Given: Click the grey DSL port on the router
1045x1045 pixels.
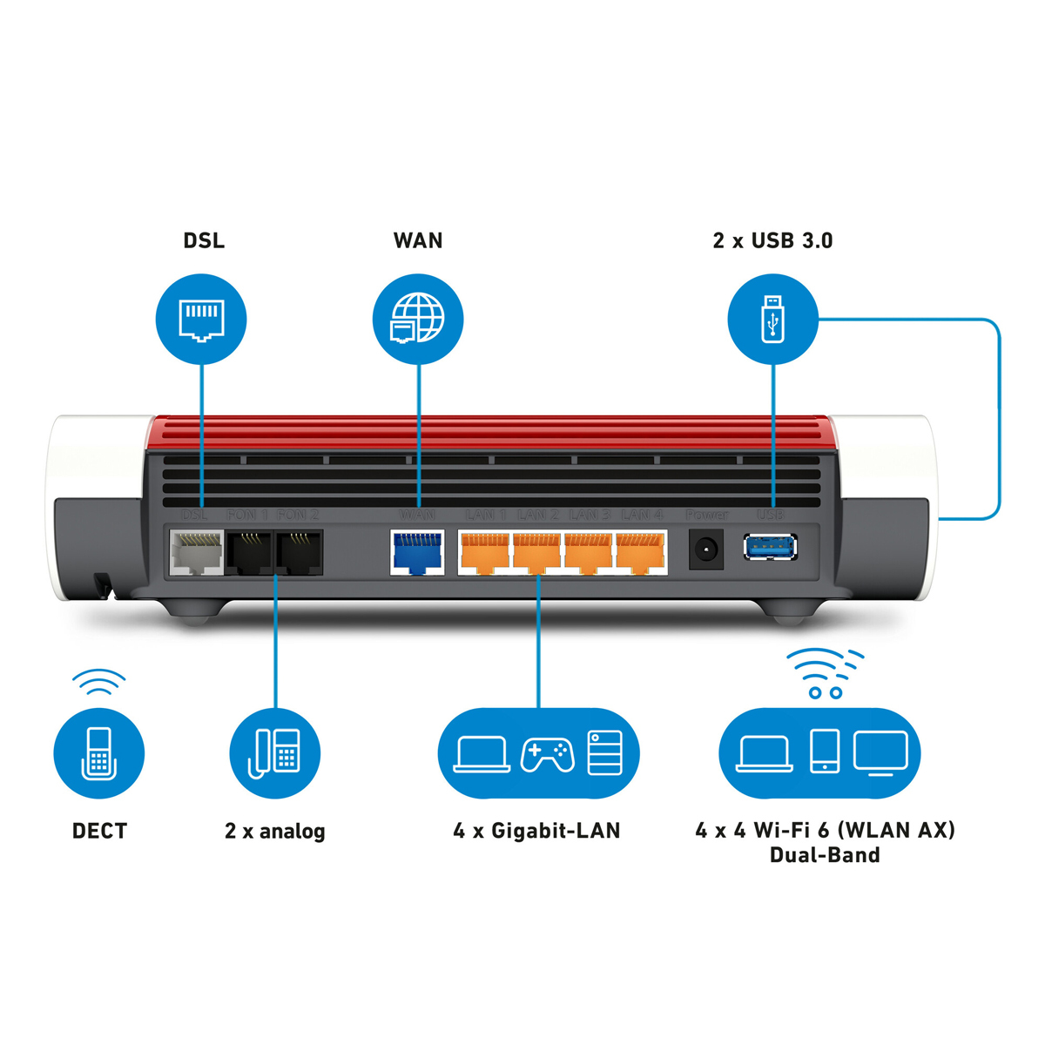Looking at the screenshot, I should pos(196,553).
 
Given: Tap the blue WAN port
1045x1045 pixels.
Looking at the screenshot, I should pos(417,553).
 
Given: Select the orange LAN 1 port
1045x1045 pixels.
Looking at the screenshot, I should pos(484,553).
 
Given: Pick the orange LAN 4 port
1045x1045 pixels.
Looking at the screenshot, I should pos(640,553).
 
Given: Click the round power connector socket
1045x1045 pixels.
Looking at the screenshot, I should pos(705,551).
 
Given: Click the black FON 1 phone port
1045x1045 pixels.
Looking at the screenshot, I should pos(249,553).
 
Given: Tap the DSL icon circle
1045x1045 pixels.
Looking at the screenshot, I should pos(201,320).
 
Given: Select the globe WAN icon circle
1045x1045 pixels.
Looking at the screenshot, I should pos(418,320).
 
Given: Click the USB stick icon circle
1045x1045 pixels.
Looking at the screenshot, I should pos(772,319).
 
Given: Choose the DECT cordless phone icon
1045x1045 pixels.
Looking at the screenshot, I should pos(98,753).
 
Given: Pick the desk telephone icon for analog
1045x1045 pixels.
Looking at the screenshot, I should pos(275,753).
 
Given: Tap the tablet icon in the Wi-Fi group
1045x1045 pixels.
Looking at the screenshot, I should pos(824,752).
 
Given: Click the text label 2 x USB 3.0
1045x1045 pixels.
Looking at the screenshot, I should pos(772,241).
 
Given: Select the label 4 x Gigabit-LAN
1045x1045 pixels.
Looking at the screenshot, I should pos(536,831).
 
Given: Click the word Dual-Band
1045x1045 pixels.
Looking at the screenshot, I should pos(824,855).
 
